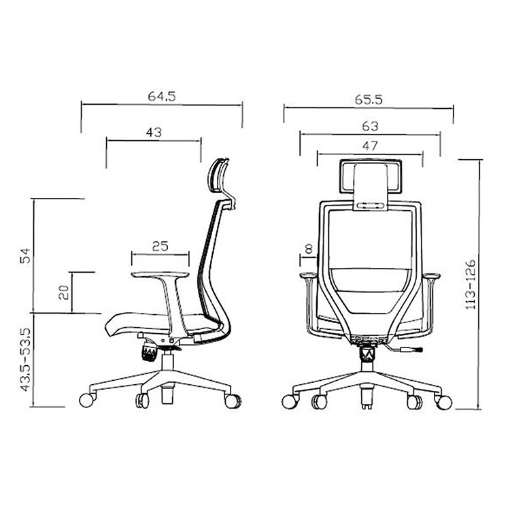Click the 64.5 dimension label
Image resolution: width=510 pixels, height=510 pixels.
[162, 97]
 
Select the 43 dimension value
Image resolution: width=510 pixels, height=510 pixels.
[154, 133]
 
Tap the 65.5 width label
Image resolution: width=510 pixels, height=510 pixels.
[369, 99]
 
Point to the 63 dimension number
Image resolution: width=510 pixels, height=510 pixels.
[370, 126]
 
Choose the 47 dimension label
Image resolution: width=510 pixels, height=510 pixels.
[370, 146]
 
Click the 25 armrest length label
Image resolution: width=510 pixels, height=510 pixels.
[160, 246]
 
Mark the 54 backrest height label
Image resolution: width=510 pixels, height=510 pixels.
[25, 256]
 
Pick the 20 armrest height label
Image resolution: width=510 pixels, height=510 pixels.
[63, 292]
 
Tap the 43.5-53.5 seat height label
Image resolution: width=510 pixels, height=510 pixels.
[25, 360]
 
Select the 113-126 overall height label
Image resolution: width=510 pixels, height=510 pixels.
[471, 284]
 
